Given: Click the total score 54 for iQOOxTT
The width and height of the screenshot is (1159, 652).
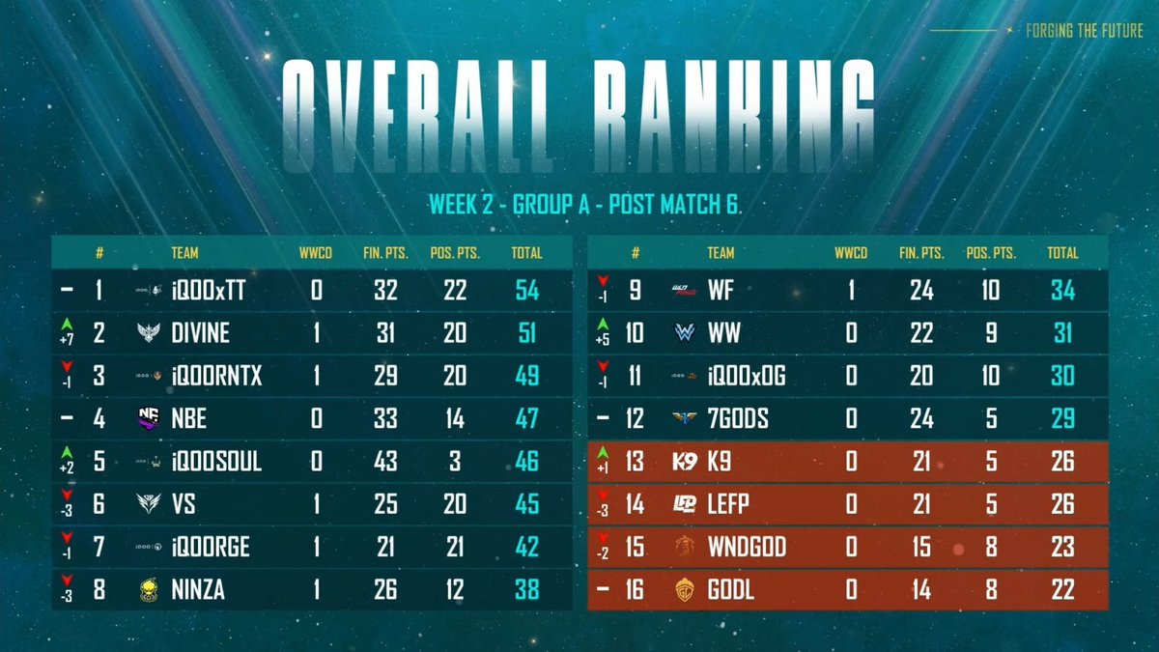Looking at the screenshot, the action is click(526, 291).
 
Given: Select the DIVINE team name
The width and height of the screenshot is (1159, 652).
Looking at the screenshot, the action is click(200, 332).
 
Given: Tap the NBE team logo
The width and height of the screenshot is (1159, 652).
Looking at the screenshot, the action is click(149, 418).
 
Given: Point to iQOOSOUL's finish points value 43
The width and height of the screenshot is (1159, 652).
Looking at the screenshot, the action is click(385, 461).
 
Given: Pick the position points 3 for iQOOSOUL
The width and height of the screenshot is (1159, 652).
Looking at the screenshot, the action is click(455, 461).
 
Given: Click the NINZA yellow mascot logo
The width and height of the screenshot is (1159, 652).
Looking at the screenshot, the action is click(149, 590).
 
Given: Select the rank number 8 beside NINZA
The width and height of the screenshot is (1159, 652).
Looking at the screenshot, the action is click(99, 589).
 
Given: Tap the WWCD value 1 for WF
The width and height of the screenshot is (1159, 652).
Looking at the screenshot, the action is click(851, 291).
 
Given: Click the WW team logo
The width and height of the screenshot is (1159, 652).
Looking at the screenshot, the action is click(685, 332).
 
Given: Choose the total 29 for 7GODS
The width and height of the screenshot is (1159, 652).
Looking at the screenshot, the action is click(1062, 418).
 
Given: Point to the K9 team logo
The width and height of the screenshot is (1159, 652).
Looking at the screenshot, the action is click(685, 461).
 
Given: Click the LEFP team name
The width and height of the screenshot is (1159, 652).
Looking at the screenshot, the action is click(728, 504).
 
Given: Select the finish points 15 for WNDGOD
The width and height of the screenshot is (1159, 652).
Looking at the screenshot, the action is click(921, 547).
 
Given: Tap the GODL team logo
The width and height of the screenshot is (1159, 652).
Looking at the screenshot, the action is click(685, 590).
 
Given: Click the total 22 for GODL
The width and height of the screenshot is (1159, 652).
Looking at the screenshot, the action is click(1062, 589).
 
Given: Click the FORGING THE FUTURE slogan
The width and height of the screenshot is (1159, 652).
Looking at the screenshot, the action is click(1085, 31).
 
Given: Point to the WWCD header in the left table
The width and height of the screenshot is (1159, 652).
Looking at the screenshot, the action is click(316, 253).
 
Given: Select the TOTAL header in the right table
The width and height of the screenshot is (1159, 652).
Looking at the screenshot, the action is click(1062, 253).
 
